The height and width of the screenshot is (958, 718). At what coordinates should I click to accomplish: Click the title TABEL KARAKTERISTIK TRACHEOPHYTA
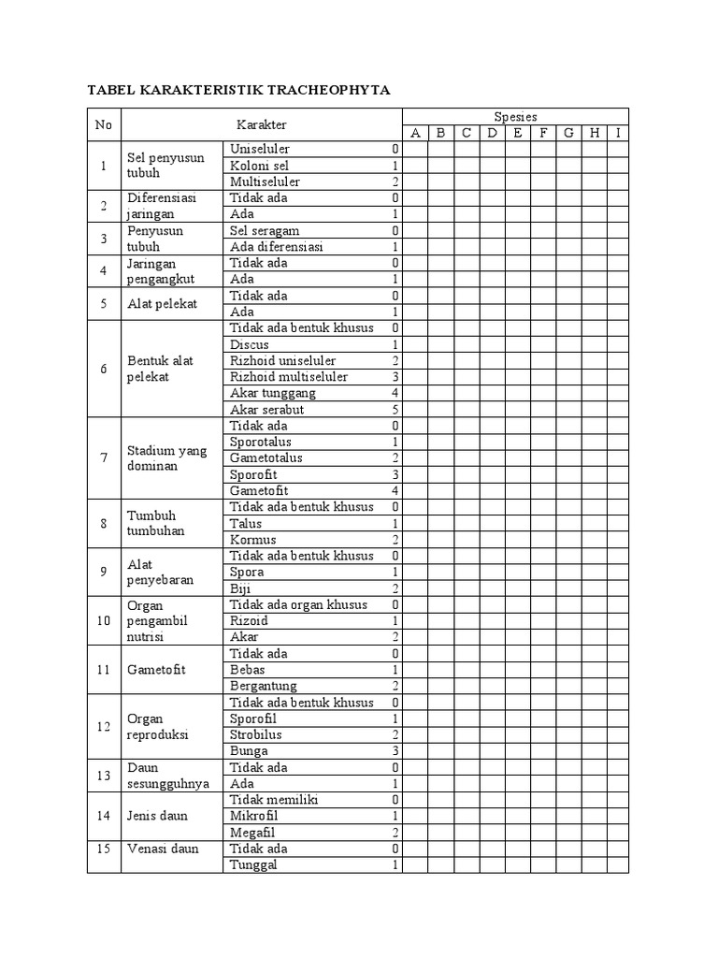tap(238, 90)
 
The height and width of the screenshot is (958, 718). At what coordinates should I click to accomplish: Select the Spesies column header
tap(515, 116)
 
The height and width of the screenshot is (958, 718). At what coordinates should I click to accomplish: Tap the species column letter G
tap(568, 133)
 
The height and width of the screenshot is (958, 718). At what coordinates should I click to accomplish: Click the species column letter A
tap(415, 133)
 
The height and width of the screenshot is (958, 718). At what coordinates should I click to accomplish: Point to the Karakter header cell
tap(261, 124)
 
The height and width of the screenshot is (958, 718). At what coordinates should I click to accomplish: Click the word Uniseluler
tap(260, 149)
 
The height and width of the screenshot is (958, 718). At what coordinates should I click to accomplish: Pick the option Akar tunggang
tap(266, 393)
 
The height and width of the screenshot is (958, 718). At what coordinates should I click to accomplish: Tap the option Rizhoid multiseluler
tap(289, 377)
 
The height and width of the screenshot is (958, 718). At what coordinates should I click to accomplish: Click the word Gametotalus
tap(266, 458)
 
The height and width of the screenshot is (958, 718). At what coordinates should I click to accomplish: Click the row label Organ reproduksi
tap(158, 727)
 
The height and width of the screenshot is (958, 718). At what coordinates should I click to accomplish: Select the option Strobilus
tap(256, 734)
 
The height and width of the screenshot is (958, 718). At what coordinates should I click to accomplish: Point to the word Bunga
tap(249, 751)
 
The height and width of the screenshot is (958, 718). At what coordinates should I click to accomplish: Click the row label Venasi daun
tap(161, 849)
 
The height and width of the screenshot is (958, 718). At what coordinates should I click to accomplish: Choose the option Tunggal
tap(253, 865)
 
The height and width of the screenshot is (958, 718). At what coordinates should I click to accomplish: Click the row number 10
tap(104, 621)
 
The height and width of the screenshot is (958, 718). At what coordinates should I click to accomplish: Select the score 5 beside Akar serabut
tap(395, 410)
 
